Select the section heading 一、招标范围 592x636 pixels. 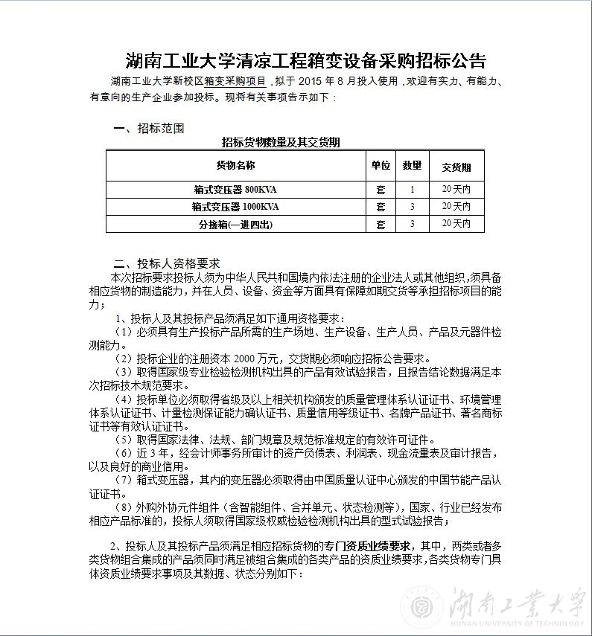point(149,128)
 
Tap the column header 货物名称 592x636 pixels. point(235,166)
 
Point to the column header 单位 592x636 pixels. point(381,166)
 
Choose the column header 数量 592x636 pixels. point(412,166)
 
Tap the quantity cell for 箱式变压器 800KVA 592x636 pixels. point(412,190)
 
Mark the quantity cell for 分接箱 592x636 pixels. point(412,223)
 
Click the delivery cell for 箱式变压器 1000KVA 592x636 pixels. point(456,206)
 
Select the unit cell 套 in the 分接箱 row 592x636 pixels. point(381,223)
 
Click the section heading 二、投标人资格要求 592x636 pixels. point(167,263)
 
